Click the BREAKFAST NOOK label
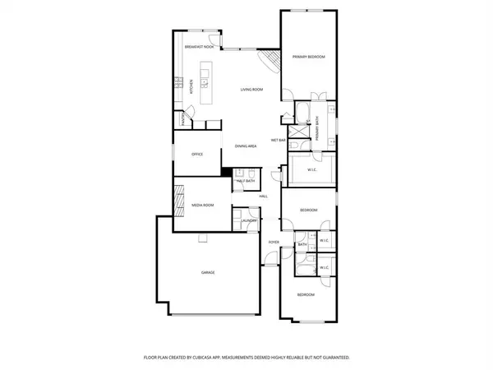(x=199, y=47)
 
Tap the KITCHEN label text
(x=191, y=85)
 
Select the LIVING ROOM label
(x=251, y=89)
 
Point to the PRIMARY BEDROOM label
(x=309, y=57)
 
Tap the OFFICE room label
(x=197, y=154)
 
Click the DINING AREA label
(x=246, y=146)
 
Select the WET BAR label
(x=278, y=141)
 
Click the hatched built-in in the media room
(x=178, y=199)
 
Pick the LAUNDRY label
(x=249, y=220)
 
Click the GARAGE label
(x=208, y=272)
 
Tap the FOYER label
(x=274, y=242)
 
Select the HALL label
(x=264, y=197)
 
